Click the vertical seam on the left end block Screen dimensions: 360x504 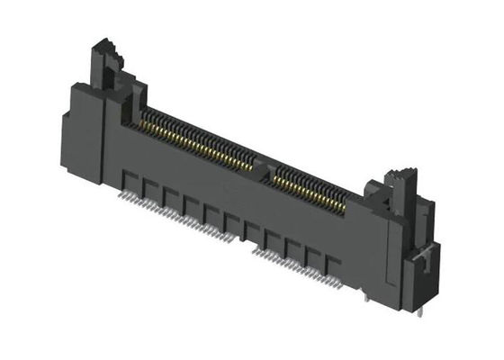click(107, 135)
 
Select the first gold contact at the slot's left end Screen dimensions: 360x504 click(138, 116)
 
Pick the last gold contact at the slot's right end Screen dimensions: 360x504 click(346, 208)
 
